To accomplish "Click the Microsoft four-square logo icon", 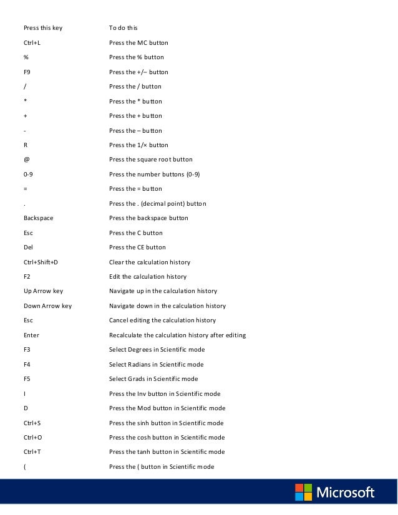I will coord(304,493).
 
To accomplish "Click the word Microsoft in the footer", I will coord(346,493).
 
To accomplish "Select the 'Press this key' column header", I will coord(43,28).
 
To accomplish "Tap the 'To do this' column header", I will coord(123,28).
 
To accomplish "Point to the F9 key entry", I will coord(27,72).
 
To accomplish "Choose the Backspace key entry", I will coord(36,218).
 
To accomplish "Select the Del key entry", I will coord(28,248).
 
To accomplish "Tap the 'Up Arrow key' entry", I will coord(43,291).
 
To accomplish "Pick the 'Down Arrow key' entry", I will coord(47,306).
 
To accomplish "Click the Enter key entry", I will coord(31,335).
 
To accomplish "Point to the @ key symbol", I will coord(26,160).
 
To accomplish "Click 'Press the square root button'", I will coord(150,160).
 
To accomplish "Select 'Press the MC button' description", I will coord(138,42).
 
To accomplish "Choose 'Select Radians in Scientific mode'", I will coord(156,364).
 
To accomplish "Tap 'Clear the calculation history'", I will coord(149,262).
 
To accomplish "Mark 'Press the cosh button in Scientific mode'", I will coord(166,438).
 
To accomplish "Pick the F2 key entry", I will coord(27,277).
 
